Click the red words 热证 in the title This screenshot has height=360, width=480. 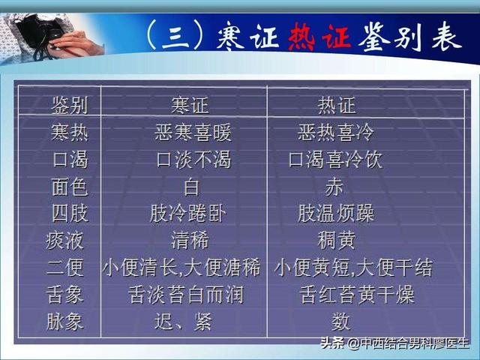click(x=319, y=37)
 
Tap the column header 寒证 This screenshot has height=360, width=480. click(x=190, y=106)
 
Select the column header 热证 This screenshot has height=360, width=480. click(x=337, y=106)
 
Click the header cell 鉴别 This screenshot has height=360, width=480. click(x=70, y=106)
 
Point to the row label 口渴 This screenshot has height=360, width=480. click(x=70, y=160)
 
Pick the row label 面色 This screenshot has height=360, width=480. click(x=70, y=187)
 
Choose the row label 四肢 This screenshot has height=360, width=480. click(x=70, y=214)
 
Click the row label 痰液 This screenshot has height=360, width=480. click(x=65, y=241)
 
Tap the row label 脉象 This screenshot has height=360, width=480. click(x=65, y=322)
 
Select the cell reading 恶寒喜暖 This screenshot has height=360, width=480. click(x=193, y=133)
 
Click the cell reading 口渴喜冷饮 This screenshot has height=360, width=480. click(x=336, y=160)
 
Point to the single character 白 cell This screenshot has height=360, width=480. click(x=191, y=187)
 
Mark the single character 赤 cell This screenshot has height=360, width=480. click(x=334, y=187)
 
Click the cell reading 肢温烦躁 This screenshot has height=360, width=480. click(x=336, y=214)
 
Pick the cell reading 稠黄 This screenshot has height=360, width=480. click(x=337, y=241)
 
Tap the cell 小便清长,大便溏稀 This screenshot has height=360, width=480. click(x=181, y=268)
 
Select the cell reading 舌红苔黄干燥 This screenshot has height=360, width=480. click(x=357, y=295)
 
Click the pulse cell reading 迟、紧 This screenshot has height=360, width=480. click(x=183, y=322)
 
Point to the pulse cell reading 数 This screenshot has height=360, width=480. click(x=340, y=322)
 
